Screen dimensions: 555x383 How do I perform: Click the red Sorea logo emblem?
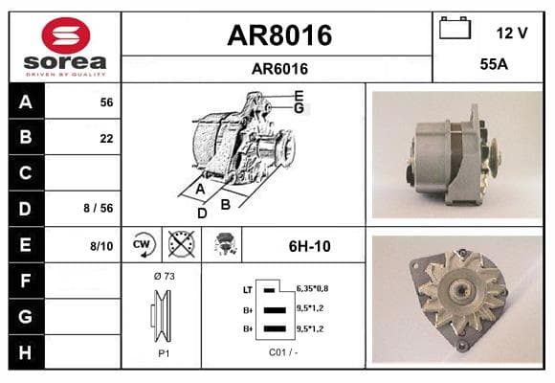pyautogui.click(x=65, y=35)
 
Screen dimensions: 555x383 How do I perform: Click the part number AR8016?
pyautogui.click(x=279, y=35)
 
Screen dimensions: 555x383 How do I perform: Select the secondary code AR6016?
pyautogui.click(x=279, y=69)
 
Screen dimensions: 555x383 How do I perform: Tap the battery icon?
pyautogui.click(x=455, y=28)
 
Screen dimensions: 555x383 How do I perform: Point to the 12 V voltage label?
pyautogui.click(x=512, y=34)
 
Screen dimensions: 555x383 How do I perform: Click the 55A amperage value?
pyautogui.click(x=494, y=64)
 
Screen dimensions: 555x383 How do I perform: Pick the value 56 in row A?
pyautogui.click(x=106, y=102)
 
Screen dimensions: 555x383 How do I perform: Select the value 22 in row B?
pyautogui.click(x=106, y=138)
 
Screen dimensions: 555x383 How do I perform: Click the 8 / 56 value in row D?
pyautogui.click(x=99, y=208)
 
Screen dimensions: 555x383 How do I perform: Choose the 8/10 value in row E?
pyautogui.click(x=101, y=246)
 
